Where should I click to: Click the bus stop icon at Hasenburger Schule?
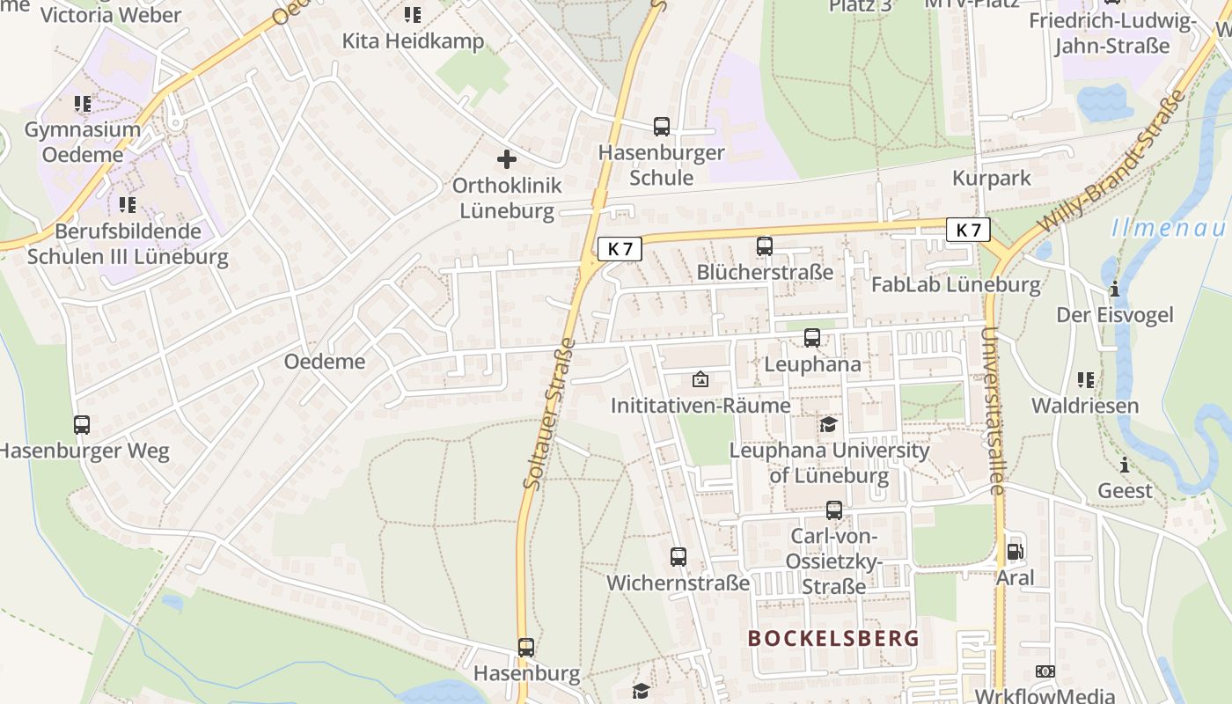click(661, 127)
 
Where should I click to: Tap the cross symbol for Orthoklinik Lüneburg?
click(507, 159)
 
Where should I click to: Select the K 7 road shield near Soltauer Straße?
click(620, 249)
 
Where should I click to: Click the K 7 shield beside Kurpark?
click(968, 230)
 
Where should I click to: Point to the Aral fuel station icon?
click(1015, 552)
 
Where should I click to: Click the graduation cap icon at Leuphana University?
click(828, 425)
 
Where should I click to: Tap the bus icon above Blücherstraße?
click(765, 246)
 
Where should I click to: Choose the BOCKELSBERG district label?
click(833, 639)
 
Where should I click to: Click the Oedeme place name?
click(324, 362)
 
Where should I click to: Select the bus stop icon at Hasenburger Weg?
click(82, 425)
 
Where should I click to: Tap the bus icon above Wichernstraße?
click(678, 557)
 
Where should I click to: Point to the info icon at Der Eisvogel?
click(1114, 289)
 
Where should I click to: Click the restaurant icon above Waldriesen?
click(1086, 380)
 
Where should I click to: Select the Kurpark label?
click(991, 179)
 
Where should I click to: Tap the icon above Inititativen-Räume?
click(700, 380)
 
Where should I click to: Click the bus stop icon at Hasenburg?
click(526, 648)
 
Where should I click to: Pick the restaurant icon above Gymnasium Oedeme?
click(83, 104)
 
